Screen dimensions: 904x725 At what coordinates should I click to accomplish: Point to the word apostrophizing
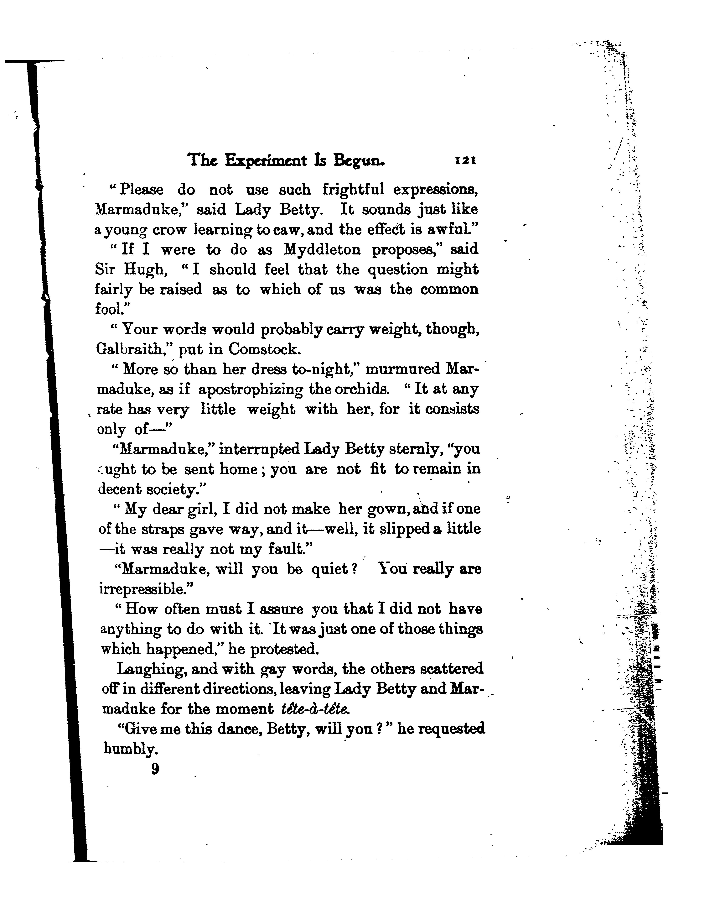[x=251, y=389]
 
